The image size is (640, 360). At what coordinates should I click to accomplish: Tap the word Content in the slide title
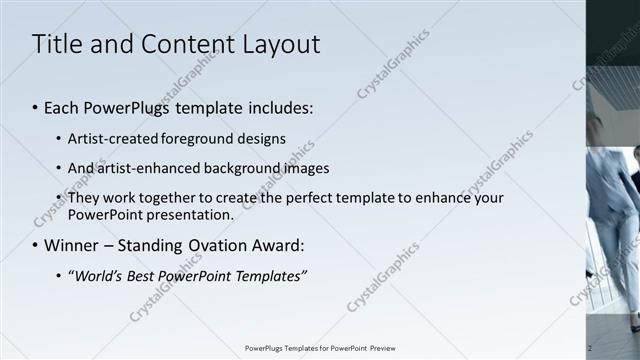point(180,45)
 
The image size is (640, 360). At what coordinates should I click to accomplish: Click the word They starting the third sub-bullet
point(83,197)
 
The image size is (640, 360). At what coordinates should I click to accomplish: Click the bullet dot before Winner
point(36,246)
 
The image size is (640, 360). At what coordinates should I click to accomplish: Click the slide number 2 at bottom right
point(590,348)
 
